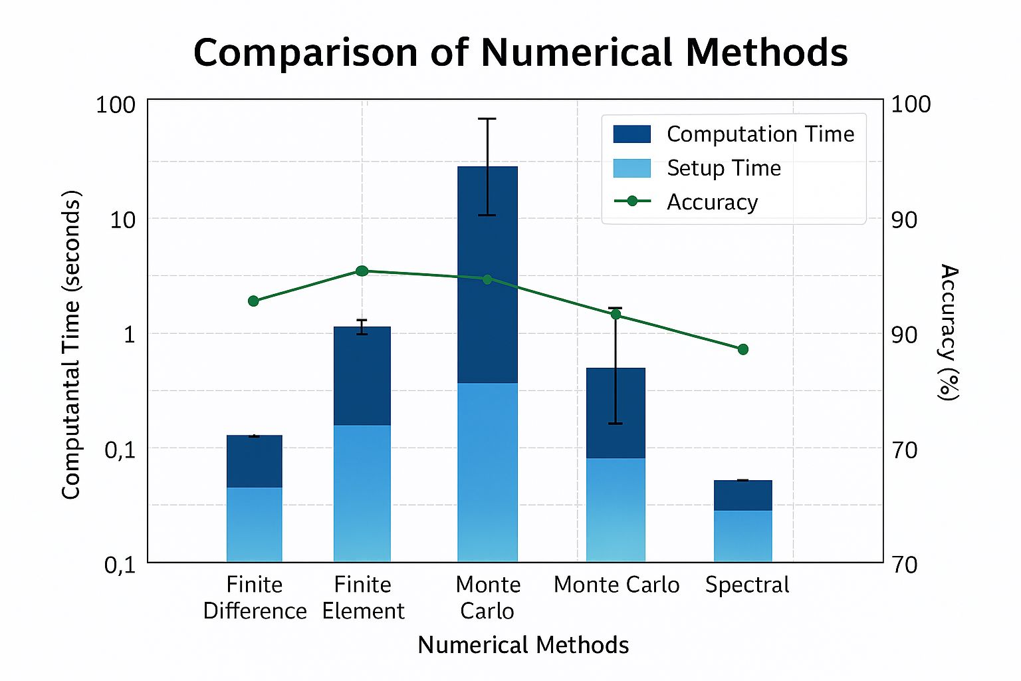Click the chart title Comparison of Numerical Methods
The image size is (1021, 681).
(520, 53)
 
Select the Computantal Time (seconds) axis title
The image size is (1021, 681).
(71, 344)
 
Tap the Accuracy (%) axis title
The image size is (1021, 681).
(949, 332)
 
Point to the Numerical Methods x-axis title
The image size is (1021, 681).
(523, 644)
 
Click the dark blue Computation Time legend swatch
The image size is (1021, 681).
(631, 134)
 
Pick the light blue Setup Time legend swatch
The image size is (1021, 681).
(631, 168)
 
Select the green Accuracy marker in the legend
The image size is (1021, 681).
(632, 201)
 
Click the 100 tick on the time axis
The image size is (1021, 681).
(116, 104)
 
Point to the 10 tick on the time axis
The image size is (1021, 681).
(123, 219)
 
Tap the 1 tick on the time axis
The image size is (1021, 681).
(130, 334)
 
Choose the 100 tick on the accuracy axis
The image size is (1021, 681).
(910, 104)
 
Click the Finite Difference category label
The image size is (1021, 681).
(255, 597)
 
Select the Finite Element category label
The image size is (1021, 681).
(363, 597)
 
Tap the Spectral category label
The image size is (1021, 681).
(747, 585)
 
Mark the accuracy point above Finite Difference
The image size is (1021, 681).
(253, 301)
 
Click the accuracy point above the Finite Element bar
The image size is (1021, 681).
(362, 271)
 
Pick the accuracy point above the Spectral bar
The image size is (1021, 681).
(743, 349)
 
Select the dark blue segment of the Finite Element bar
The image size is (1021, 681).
(362, 376)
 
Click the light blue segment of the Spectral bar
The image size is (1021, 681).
(743, 535)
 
